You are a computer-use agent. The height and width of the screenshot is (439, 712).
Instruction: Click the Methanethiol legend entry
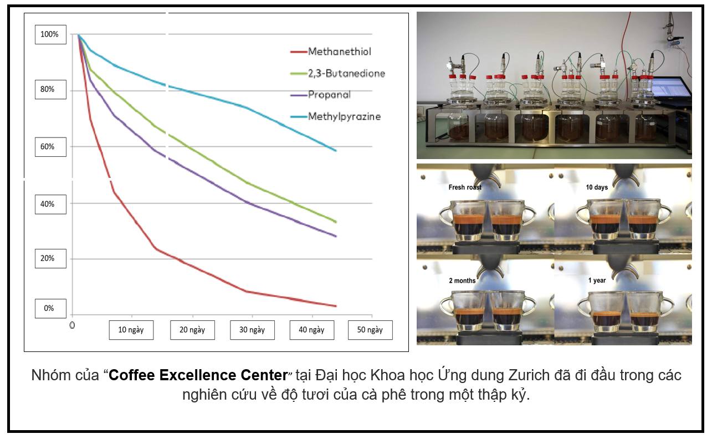click(x=331, y=52)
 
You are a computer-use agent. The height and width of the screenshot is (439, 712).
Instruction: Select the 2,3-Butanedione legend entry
click(x=337, y=73)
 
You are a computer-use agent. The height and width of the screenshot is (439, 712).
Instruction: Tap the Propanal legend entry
click(x=320, y=95)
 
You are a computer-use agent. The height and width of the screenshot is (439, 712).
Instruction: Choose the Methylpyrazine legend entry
click(x=335, y=116)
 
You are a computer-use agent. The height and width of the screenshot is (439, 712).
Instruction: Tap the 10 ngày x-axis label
click(x=131, y=330)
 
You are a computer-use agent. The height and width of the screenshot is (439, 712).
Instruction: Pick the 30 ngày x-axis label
click(x=252, y=330)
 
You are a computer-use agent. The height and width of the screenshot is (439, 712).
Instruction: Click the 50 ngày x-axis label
click(x=370, y=330)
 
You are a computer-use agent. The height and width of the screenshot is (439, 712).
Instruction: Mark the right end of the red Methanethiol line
click(x=336, y=306)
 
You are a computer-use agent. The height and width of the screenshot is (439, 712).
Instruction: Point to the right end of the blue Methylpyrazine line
click(x=336, y=150)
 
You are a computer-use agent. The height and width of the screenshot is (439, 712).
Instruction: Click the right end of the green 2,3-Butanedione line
click(x=336, y=222)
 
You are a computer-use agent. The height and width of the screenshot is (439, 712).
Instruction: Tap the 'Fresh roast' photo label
click(x=465, y=187)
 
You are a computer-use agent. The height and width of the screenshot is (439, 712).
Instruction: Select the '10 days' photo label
click(x=597, y=187)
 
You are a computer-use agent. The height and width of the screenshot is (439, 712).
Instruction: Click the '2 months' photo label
click(x=462, y=280)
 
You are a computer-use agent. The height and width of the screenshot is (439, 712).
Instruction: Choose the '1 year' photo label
click(x=597, y=280)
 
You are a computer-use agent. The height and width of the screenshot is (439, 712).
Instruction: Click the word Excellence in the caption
click(x=198, y=375)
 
